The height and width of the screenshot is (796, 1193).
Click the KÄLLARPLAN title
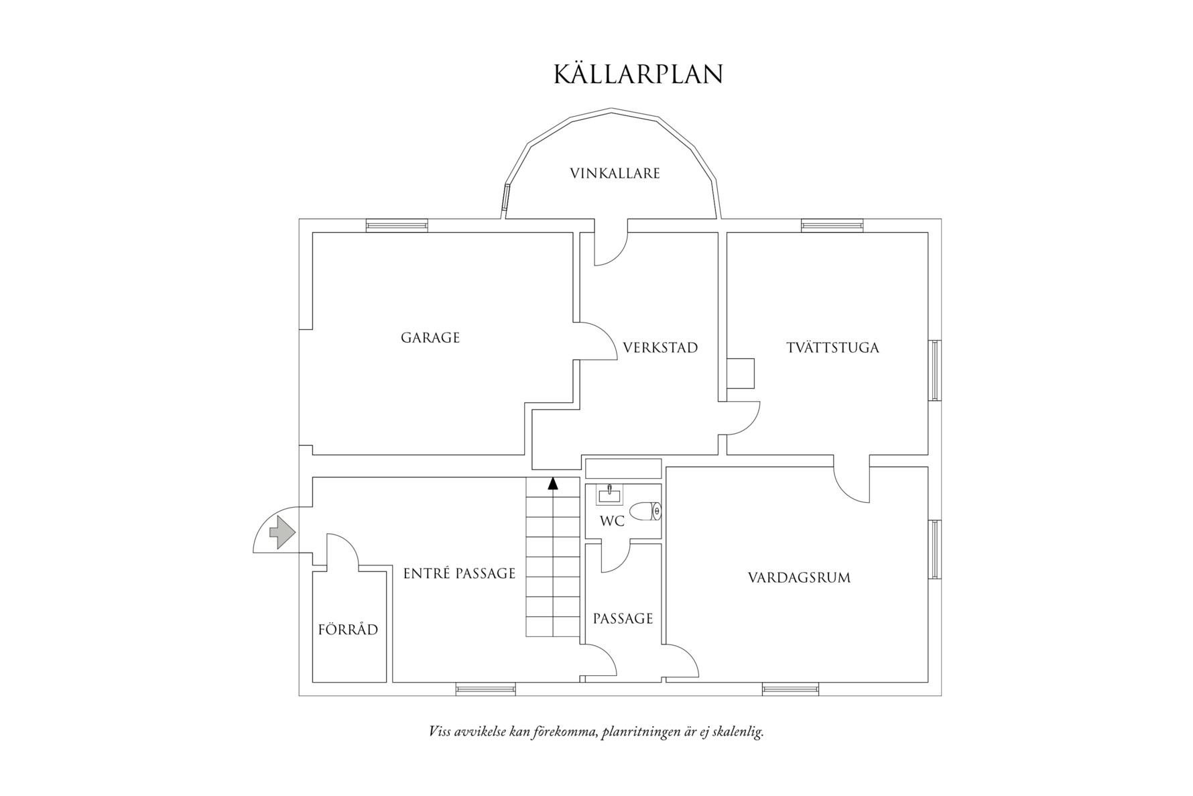(x=638, y=74)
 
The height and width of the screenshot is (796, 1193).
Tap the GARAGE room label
(x=430, y=337)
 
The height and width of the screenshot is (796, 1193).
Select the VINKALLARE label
(x=615, y=174)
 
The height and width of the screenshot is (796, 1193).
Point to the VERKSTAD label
(x=660, y=348)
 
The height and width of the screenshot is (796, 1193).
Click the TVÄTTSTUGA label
(x=832, y=348)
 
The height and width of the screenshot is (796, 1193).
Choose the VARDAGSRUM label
(x=799, y=577)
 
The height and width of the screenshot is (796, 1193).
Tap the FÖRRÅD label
(x=348, y=630)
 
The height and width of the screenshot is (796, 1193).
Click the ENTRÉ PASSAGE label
(x=459, y=573)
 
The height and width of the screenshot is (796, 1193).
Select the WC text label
(x=612, y=521)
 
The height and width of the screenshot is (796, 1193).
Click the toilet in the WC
(x=645, y=511)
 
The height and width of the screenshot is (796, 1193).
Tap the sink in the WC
(x=610, y=495)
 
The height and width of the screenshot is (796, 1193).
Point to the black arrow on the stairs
(x=552, y=483)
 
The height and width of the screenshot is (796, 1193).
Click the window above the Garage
(x=397, y=225)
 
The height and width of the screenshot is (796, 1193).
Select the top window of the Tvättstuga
(x=832, y=225)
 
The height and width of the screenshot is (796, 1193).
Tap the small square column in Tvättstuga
(x=741, y=374)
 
